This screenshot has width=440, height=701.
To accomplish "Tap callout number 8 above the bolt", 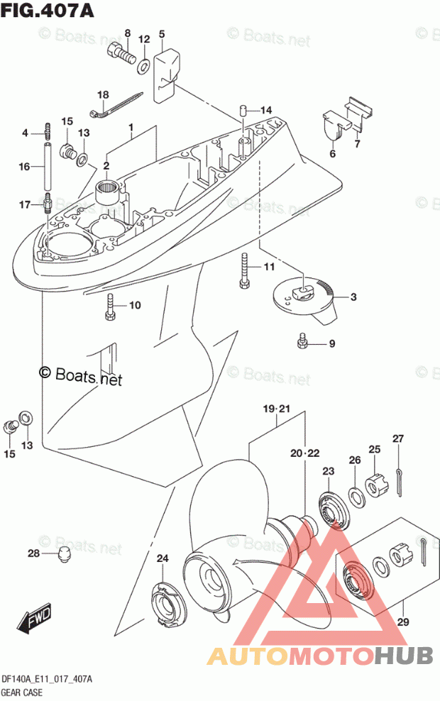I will tap(128, 33).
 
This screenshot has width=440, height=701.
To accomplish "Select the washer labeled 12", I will tap(143, 66).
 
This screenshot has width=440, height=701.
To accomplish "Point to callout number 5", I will tap(161, 33).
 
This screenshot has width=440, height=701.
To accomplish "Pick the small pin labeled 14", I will tap(243, 110).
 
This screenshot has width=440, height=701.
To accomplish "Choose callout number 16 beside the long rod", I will tap(24, 167).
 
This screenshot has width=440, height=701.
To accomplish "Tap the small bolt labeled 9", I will tap(302, 343).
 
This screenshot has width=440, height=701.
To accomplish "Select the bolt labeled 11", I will tap(244, 270).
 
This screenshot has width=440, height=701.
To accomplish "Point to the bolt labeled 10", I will tap(110, 305).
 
